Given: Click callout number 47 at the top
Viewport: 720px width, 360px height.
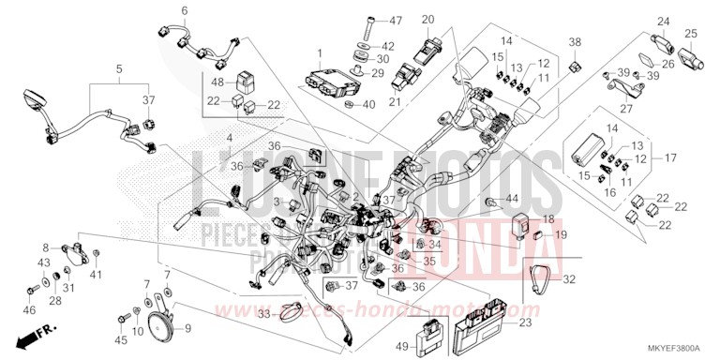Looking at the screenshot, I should coord(396,21).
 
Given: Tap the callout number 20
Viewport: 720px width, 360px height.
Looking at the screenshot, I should coord(427,21).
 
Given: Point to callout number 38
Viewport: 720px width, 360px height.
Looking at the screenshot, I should coord(575,42).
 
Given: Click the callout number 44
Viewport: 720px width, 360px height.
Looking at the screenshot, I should coord(511,199).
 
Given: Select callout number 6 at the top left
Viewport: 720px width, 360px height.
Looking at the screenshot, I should coord(184,10).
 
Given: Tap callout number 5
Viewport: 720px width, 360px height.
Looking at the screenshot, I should coord(119,69).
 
